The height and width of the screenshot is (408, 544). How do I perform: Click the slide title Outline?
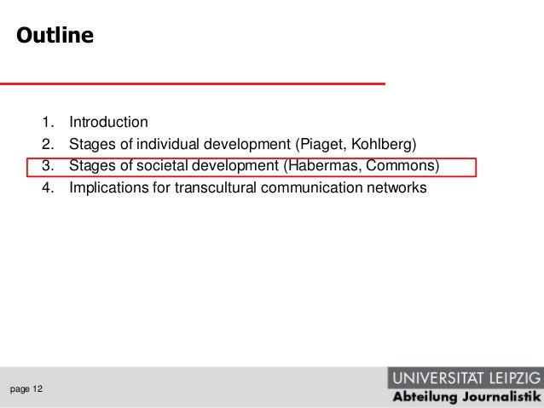(x=52, y=37)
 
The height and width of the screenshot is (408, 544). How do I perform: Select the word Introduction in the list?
(x=108, y=121)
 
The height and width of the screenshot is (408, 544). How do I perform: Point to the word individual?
(x=167, y=143)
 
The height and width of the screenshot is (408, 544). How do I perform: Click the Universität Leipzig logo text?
(x=465, y=376)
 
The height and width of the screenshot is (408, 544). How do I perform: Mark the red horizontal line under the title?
(x=192, y=83)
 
